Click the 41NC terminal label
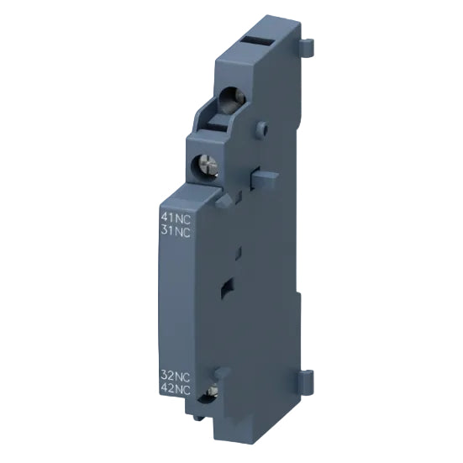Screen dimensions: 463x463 (176, 216)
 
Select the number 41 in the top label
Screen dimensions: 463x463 (168, 216)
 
